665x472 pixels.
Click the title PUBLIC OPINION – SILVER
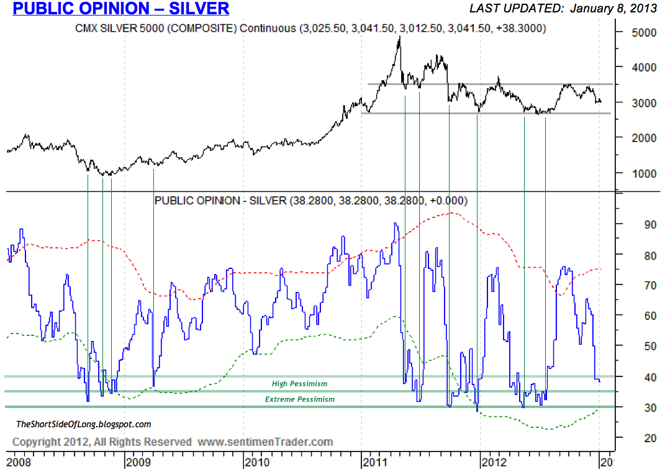coord(121,9)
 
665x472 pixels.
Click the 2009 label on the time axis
coord(137,463)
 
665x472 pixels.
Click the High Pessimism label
coord(299,384)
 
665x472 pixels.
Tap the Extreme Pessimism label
coord(300,399)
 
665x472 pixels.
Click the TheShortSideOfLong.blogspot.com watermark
coord(83,425)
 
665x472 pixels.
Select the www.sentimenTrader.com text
coord(265,442)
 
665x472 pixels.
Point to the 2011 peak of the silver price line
coord(399,37)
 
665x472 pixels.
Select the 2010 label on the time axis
coord(256,463)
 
